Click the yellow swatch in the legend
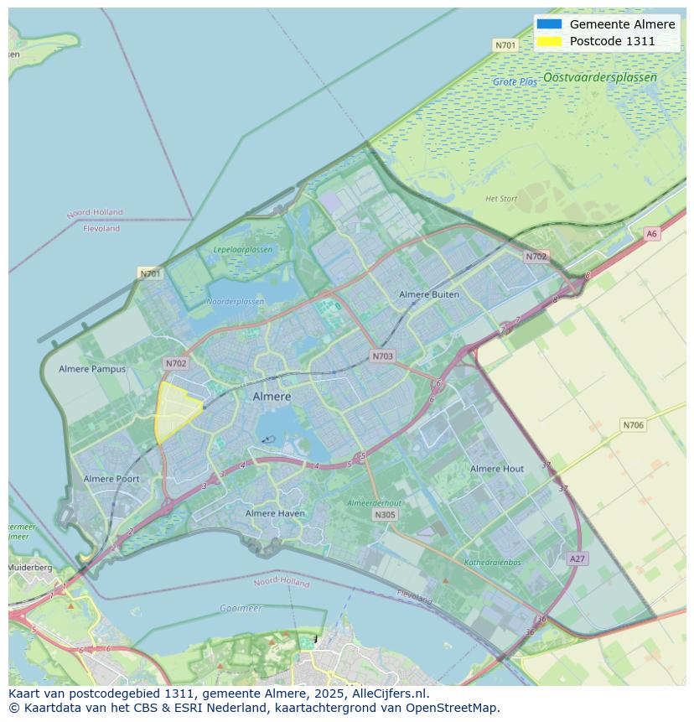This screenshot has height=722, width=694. click(x=549, y=41)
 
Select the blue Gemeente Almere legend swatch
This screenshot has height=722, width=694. click(x=549, y=24)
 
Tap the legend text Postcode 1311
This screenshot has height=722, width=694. click(x=612, y=41)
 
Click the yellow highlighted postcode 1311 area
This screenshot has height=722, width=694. click(x=175, y=409)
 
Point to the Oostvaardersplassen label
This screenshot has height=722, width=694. click(x=599, y=77)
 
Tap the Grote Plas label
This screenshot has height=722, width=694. click(x=515, y=82)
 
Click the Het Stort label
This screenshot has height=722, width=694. click(x=501, y=199)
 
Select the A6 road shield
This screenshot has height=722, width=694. click(x=651, y=234)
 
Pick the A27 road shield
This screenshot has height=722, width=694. click(x=577, y=558)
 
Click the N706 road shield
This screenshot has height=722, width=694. click(x=633, y=425)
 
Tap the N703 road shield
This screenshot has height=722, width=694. click(x=382, y=356)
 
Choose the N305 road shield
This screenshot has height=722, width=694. click(x=385, y=515)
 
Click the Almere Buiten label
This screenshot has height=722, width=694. click(x=429, y=294)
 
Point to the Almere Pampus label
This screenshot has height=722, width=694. click(x=92, y=369)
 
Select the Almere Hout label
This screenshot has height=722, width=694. click(x=497, y=469)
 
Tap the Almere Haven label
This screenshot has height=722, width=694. click(x=276, y=513)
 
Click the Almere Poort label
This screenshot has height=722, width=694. click(x=111, y=479)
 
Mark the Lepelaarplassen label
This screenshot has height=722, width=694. click(x=242, y=250)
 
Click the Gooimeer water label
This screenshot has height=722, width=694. click(x=241, y=608)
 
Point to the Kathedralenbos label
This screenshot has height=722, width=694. click(x=492, y=563)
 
